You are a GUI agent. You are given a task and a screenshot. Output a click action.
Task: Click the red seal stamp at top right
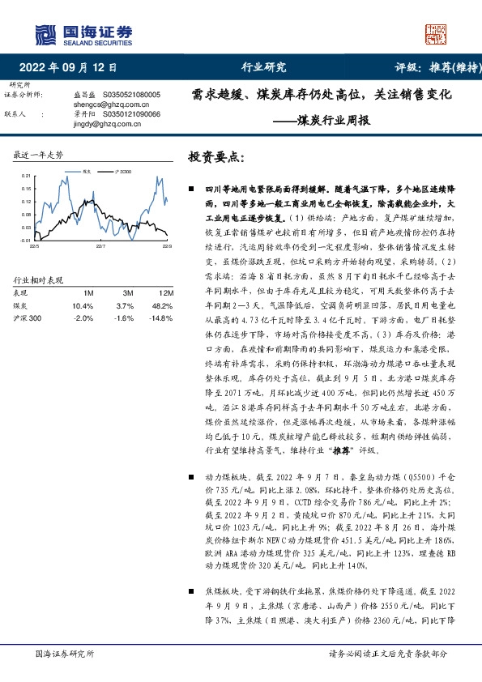coord(437,33)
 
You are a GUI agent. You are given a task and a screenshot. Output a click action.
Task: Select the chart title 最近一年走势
coord(39,154)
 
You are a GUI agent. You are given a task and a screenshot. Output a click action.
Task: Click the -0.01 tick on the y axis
coord(24,240)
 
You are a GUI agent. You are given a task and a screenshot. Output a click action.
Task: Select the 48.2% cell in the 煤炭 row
coord(162,305)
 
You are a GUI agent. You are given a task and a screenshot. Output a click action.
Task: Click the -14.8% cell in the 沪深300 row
coord(161,318)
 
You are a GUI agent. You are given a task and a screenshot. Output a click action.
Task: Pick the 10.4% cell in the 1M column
coord(82,305)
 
